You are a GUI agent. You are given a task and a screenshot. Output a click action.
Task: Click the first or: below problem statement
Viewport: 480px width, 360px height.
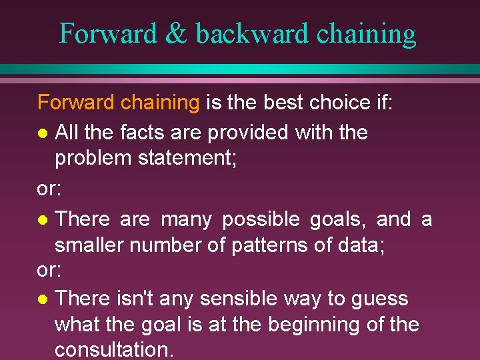click(x=49, y=189)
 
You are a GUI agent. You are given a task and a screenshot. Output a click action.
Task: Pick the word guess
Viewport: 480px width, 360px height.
click(x=379, y=299)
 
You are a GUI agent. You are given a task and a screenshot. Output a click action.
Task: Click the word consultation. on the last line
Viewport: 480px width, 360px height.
click(x=114, y=350)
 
